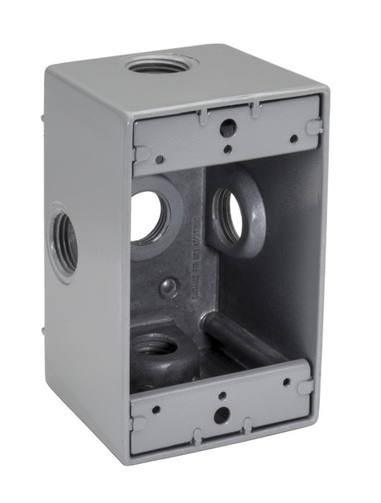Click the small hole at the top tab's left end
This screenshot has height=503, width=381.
click(159, 159)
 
